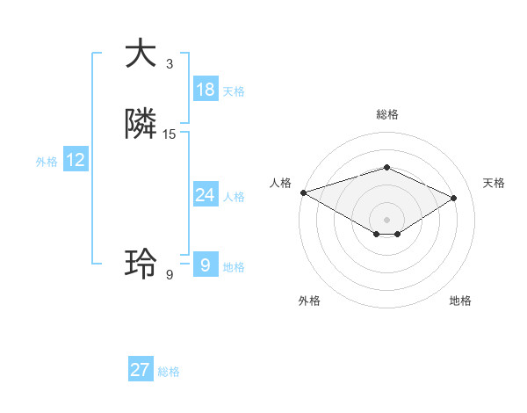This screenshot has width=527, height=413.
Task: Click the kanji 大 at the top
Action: click(x=141, y=53)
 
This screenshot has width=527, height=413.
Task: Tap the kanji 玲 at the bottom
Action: click(x=141, y=263)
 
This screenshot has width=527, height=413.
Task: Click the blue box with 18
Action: click(x=206, y=90)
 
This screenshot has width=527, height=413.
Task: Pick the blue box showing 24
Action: click(x=206, y=195)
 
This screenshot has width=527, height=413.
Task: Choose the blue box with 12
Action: click(x=76, y=160)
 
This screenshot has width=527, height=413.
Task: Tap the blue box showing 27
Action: click(x=141, y=370)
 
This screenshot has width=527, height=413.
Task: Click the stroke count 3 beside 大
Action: click(x=170, y=64)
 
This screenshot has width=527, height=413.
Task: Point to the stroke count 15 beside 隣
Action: click(x=170, y=134)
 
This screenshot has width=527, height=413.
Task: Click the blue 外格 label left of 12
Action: click(x=47, y=162)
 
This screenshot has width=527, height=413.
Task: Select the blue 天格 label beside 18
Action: click(x=234, y=91)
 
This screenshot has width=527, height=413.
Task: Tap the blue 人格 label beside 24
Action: click(x=234, y=197)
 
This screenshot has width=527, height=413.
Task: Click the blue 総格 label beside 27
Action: click(x=169, y=372)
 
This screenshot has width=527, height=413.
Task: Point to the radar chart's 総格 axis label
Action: click(x=386, y=114)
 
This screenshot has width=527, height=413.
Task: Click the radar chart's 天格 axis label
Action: click(x=494, y=183)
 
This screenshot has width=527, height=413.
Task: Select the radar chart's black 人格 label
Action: click(x=280, y=183)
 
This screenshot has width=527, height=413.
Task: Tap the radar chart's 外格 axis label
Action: click(x=309, y=301)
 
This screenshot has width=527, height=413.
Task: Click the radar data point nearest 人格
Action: click(x=303, y=192)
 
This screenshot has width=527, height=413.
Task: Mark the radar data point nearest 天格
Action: click(x=454, y=198)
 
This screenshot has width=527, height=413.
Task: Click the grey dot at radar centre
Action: click(x=386, y=220)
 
